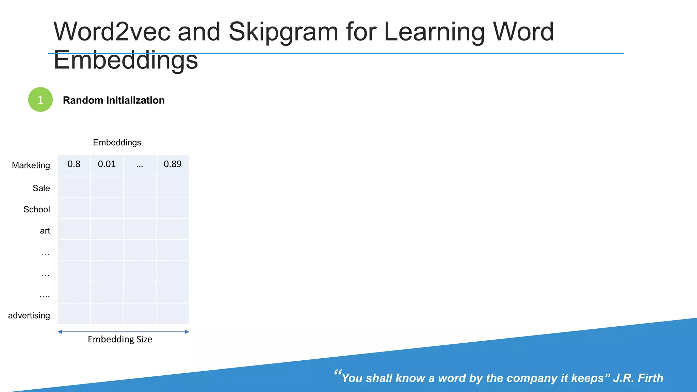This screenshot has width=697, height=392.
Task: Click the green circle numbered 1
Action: tap(40, 100)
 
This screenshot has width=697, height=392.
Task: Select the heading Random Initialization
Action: tap(114, 100)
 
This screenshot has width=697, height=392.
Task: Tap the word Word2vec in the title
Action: tap(112, 32)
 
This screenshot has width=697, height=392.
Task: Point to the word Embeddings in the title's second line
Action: tap(126, 60)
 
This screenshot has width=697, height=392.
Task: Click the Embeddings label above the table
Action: tap(117, 143)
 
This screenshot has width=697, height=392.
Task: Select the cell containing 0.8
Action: tap(74, 165)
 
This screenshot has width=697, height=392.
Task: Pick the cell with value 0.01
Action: tap(107, 165)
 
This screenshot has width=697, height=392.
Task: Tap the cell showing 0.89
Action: tap(173, 165)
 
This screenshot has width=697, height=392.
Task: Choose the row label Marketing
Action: tap(31, 165)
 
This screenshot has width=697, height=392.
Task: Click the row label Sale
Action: tap(41, 188)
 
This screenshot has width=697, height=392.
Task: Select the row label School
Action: tap(36, 209)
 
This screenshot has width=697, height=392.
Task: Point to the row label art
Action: tap(45, 231)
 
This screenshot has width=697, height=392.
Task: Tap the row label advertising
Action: tap(29, 315)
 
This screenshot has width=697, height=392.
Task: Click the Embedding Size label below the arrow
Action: tap(120, 339)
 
